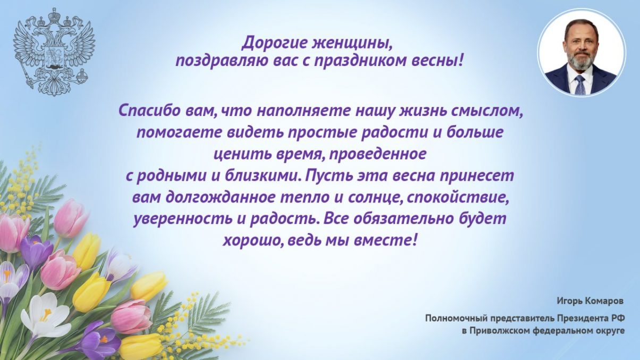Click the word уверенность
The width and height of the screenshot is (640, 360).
tap(174, 219)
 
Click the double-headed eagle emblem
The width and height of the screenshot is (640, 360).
tap(54, 51)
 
